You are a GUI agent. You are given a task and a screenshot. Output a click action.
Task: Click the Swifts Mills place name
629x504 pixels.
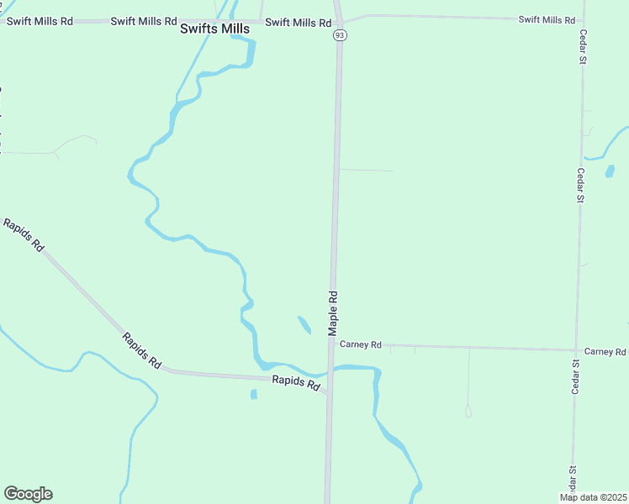click(x=214, y=29)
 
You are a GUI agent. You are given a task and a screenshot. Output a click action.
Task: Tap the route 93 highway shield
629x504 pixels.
click(x=339, y=35)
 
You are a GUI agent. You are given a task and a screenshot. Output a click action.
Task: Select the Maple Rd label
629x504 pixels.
click(x=333, y=309)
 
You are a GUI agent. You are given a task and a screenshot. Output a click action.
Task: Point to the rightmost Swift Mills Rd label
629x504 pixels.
click(x=547, y=19)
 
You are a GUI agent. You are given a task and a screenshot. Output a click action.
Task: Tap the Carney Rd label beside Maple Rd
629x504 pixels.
click(x=361, y=344)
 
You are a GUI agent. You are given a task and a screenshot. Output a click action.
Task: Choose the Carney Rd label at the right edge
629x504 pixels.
click(x=605, y=351)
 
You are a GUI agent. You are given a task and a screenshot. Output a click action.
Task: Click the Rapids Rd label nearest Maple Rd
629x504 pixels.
click(x=296, y=383)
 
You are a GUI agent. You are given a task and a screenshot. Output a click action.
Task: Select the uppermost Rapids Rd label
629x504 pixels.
click(x=24, y=235)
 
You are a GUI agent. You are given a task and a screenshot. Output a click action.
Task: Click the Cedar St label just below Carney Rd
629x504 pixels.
click(x=576, y=376)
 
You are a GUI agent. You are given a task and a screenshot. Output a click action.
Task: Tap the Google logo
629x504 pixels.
click(x=28, y=494)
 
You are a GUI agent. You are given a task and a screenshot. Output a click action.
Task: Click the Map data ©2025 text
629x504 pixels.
click(x=593, y=497)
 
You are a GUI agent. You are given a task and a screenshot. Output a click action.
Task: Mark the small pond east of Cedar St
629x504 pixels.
click(x=610, y=171)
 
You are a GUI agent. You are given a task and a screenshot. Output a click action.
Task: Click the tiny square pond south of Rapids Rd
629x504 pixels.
click(x=253, y=394)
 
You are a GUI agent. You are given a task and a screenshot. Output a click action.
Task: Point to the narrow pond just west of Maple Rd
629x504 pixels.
click(x=304, y=324)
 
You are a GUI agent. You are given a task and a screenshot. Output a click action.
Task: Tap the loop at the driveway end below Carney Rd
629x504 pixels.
click(x=468, y=412)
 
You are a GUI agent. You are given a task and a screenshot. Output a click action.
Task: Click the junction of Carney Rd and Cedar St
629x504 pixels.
click(x=577, y=349)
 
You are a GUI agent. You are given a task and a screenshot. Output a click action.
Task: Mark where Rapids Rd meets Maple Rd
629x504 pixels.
click(x=329, y=392)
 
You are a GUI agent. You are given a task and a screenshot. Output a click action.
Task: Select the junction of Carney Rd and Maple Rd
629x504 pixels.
click(x=332, y=344)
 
